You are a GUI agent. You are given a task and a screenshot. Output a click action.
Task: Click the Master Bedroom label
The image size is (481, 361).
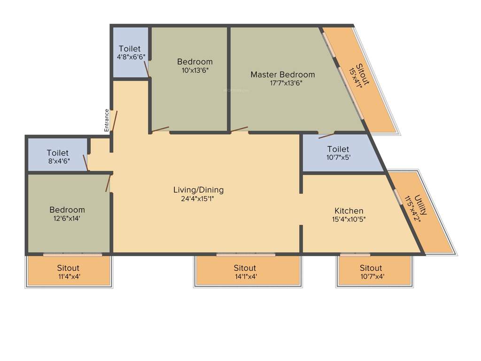(282, 74)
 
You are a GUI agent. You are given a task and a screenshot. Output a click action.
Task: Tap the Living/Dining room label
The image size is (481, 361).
(198, 190)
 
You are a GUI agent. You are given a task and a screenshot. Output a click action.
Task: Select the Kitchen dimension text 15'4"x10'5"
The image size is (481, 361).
(349, 219)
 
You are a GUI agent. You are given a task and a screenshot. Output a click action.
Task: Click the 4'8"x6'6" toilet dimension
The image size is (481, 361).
(131, 57)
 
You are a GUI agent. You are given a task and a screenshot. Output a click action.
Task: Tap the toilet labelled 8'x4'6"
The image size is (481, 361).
(57, 157)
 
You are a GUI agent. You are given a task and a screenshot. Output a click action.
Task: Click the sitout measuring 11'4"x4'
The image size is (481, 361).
(68, 272)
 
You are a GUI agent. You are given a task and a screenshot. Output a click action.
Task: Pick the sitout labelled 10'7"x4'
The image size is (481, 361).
(371, 272)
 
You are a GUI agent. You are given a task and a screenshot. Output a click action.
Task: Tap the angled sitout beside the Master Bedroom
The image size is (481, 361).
(359, 75)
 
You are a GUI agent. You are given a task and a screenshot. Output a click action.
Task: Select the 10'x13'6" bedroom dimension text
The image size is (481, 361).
(194, 70)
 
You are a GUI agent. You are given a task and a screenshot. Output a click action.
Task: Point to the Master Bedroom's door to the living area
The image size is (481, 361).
(239, 129)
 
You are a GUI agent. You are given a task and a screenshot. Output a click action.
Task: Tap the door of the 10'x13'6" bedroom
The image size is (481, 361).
(161, 129)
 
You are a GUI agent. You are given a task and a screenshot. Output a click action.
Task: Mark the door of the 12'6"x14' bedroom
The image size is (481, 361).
(108, 183)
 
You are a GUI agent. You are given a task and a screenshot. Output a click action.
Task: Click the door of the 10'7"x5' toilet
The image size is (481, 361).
(326, 136)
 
